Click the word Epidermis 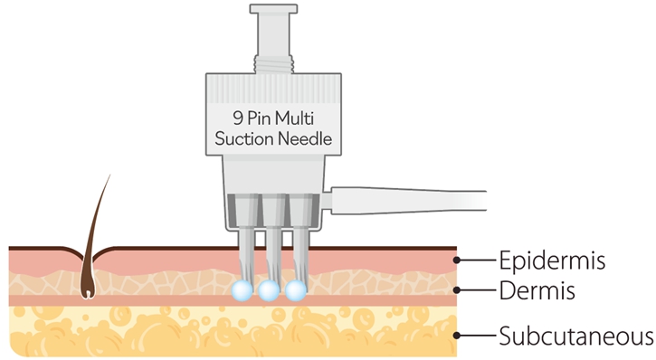tap(552, 261)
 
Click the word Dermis tap(537, 290)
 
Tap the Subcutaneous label tap(576, 336)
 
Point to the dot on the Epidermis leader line tap(457, 261)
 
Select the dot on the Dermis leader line tap(457, 289)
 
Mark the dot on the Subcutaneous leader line tap(457, 336)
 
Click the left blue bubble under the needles tap(242, 290)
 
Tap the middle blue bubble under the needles tap(269, 290)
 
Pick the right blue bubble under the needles tap(295, 290)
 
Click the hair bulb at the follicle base tap(88, 292)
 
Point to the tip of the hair tap(110, 175)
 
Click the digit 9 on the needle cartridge tap(238, 118)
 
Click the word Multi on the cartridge tap(294, 118)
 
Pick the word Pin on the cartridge tap(259, 118)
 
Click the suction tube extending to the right tap(408, 201)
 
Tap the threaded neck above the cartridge tap(273, 65)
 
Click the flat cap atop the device tap(273, 9)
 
